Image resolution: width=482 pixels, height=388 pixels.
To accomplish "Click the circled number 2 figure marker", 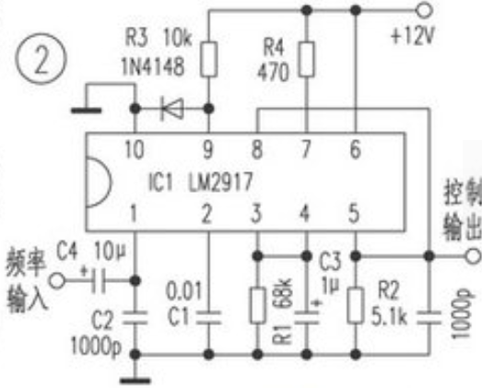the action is pos(41,58).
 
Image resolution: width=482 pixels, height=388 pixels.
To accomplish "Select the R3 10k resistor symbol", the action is pos(209,59).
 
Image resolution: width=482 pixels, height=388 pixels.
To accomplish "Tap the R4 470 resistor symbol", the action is pos(307,59).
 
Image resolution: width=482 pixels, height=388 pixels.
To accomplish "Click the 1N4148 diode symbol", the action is pos(172,109).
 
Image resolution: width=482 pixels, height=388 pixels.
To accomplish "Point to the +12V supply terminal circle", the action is pos(424,10).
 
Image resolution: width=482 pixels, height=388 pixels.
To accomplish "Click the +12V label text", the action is pos(412,36).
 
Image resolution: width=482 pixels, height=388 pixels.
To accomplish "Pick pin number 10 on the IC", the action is pos(135,149).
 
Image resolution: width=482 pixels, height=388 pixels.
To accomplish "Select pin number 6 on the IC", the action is pos(355,149).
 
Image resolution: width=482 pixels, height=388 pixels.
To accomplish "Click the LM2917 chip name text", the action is pos(220,182).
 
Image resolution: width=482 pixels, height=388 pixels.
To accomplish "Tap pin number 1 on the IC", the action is pos(134,213).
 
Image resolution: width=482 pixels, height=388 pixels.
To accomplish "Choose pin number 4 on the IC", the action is pos(304,213).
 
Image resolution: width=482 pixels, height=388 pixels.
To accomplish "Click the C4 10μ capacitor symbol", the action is pos(99,281).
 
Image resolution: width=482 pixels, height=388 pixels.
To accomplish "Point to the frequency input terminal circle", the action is pos(57,281).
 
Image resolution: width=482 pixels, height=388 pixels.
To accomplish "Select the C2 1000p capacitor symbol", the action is pos(135,318).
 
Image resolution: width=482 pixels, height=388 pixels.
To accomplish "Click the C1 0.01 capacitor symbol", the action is pos(208,318).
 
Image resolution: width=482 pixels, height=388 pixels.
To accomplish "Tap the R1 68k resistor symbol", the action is pos(258,305).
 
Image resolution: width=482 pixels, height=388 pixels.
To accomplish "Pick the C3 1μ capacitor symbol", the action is pos(307,317).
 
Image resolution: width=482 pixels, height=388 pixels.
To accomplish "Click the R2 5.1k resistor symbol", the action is pos(356,305).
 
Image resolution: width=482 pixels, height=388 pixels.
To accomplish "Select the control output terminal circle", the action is pos(472,256).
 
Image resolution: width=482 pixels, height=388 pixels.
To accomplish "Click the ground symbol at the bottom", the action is pos(135,381).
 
